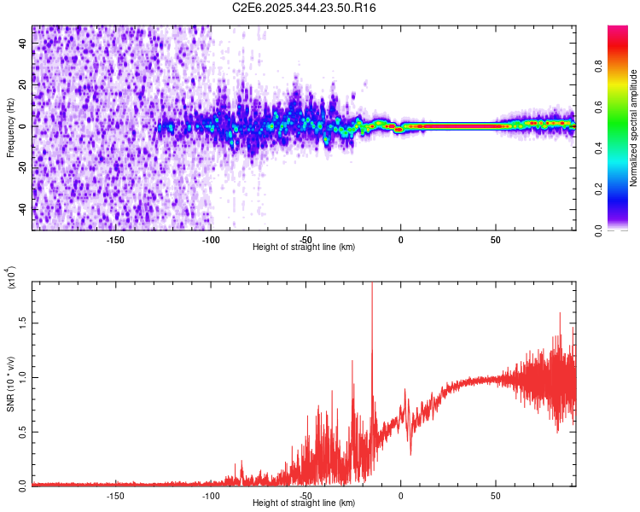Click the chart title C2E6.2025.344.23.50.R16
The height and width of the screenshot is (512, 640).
pyautogui.click(x=305, y=8)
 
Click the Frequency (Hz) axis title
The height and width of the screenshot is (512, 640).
pyautogui.click(x=10, y=127)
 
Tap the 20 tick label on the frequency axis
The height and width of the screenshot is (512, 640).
pyautogui.click(x=23, y=84)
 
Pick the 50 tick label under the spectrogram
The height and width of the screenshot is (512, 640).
pyautogui.click(x=496, y=239)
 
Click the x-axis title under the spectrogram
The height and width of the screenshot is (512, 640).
pyautogui.click(x=305, y=247)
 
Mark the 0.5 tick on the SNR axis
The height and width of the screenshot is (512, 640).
pyautogui.click(x=23, y=431)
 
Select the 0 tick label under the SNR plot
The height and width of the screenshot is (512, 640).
pyautogui.click(x=401, y=495)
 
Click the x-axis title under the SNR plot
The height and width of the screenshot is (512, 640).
pyautogui.click(x=305, y=503)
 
